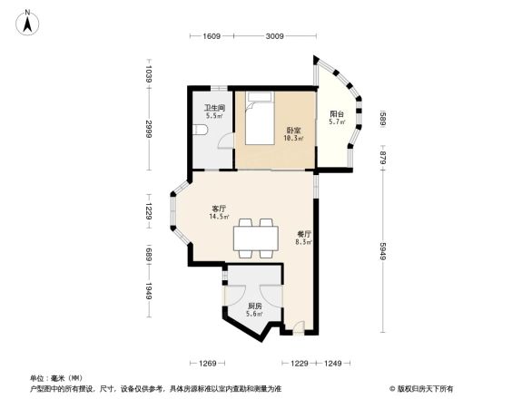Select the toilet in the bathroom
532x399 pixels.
coord(202,132)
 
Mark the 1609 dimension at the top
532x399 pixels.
coord(212,36)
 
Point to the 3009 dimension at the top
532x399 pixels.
coord(275,36)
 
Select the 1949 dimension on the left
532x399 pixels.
coord(148,293)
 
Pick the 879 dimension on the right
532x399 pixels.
coord(383,159)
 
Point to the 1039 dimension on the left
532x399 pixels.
coord(148,72)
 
